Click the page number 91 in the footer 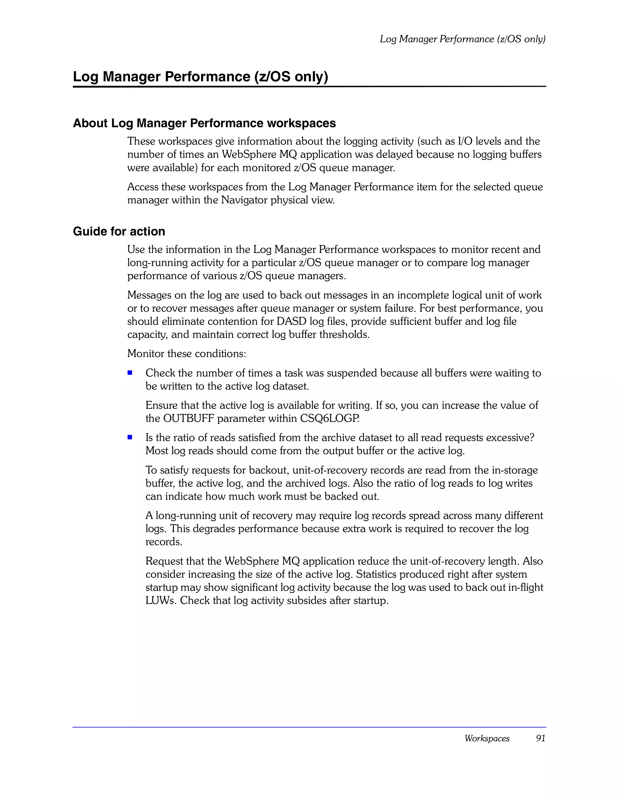(540, 738)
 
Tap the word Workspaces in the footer (487, 738)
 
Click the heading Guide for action (119, 231)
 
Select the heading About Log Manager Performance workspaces (204, 123)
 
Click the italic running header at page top (462, 39)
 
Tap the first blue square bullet (130, 373)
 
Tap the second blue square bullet (130, 437)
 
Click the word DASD (291, 321)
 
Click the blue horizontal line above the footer (309, 727)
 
